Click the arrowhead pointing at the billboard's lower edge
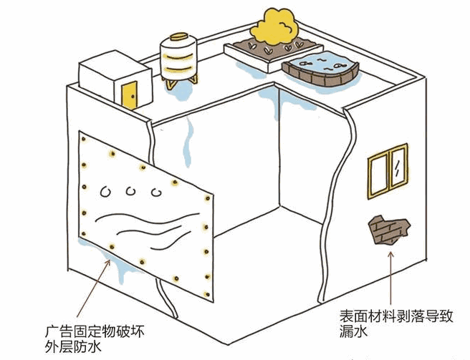pos(110,263)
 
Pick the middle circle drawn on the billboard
pos(131,190)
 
